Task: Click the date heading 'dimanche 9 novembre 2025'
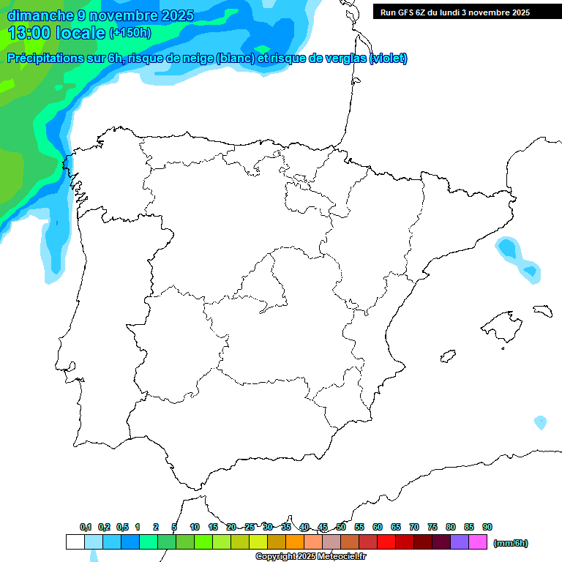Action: click(x=100, y=15)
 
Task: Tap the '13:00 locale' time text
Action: click(x=56, y=33)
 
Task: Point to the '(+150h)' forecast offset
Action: click(x=130, y=33)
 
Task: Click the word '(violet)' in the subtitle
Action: click(x=389, y=59)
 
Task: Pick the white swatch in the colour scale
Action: click(x=75, y=542)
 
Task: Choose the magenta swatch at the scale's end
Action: click(x=478, y=542)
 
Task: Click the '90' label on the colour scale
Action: click(x=487, y=527)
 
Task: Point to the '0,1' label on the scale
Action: click(x=86, y=527)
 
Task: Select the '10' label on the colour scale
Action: click(x=195, y=527)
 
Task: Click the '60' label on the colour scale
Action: click(x=378, y=527)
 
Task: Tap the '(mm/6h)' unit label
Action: click(x=511, y=543)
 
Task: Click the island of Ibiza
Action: click(x=447, y=357)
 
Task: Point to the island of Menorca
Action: click(x=542, y=311)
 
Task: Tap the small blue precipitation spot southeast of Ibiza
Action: click(x=540, y=422)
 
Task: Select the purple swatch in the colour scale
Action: click(x=459, y=542)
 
